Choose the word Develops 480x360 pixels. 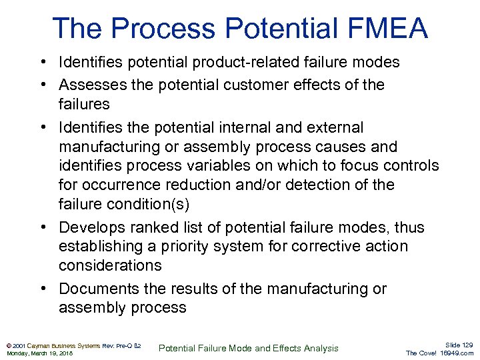click(x=90, y=228)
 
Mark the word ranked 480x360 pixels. click(x=152, y=228)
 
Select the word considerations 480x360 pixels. click(x=110, y=265)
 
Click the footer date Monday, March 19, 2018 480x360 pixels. click(x=40, y=353)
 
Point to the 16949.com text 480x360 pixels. click(x=458, y=353)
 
